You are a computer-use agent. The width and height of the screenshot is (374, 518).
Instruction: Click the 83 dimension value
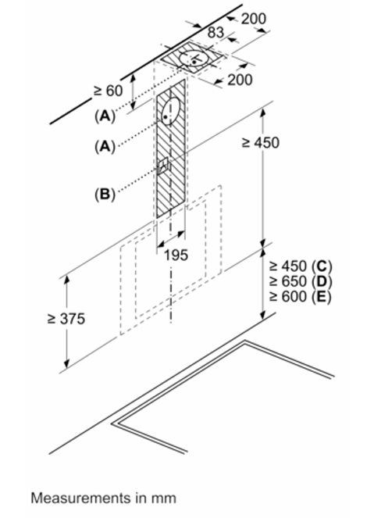point(216,32)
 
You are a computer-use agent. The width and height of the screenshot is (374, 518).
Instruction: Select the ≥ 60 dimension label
point(108,91)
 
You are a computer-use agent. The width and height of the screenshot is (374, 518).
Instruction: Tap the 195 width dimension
point(176,255)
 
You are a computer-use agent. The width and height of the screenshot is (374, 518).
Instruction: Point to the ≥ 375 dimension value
point(66,319)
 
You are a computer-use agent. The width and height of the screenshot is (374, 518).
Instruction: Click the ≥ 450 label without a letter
point(261,143)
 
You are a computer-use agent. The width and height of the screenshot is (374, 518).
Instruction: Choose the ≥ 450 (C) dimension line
point(301,266)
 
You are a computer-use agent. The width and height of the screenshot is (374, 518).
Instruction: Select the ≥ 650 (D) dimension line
point(301,281)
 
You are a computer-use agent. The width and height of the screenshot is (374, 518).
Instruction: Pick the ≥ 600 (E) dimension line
point(300,296)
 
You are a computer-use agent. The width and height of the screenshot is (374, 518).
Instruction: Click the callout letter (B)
point(105,194)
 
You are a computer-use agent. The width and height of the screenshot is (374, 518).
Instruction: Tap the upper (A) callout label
point(105,116)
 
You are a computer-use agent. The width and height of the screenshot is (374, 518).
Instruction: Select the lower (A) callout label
point(105,145)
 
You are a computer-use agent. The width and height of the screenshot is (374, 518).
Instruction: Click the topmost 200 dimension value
point(254,19)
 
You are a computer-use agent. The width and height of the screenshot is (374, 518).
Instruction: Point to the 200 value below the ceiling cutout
point(240,80)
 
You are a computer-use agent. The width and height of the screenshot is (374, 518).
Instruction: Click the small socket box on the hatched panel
point(162,165)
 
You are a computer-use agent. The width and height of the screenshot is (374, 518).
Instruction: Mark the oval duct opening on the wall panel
point(171,112)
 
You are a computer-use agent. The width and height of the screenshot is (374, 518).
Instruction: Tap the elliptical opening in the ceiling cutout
point(194,59)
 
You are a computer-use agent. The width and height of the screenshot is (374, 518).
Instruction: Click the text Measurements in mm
point(104,498)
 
